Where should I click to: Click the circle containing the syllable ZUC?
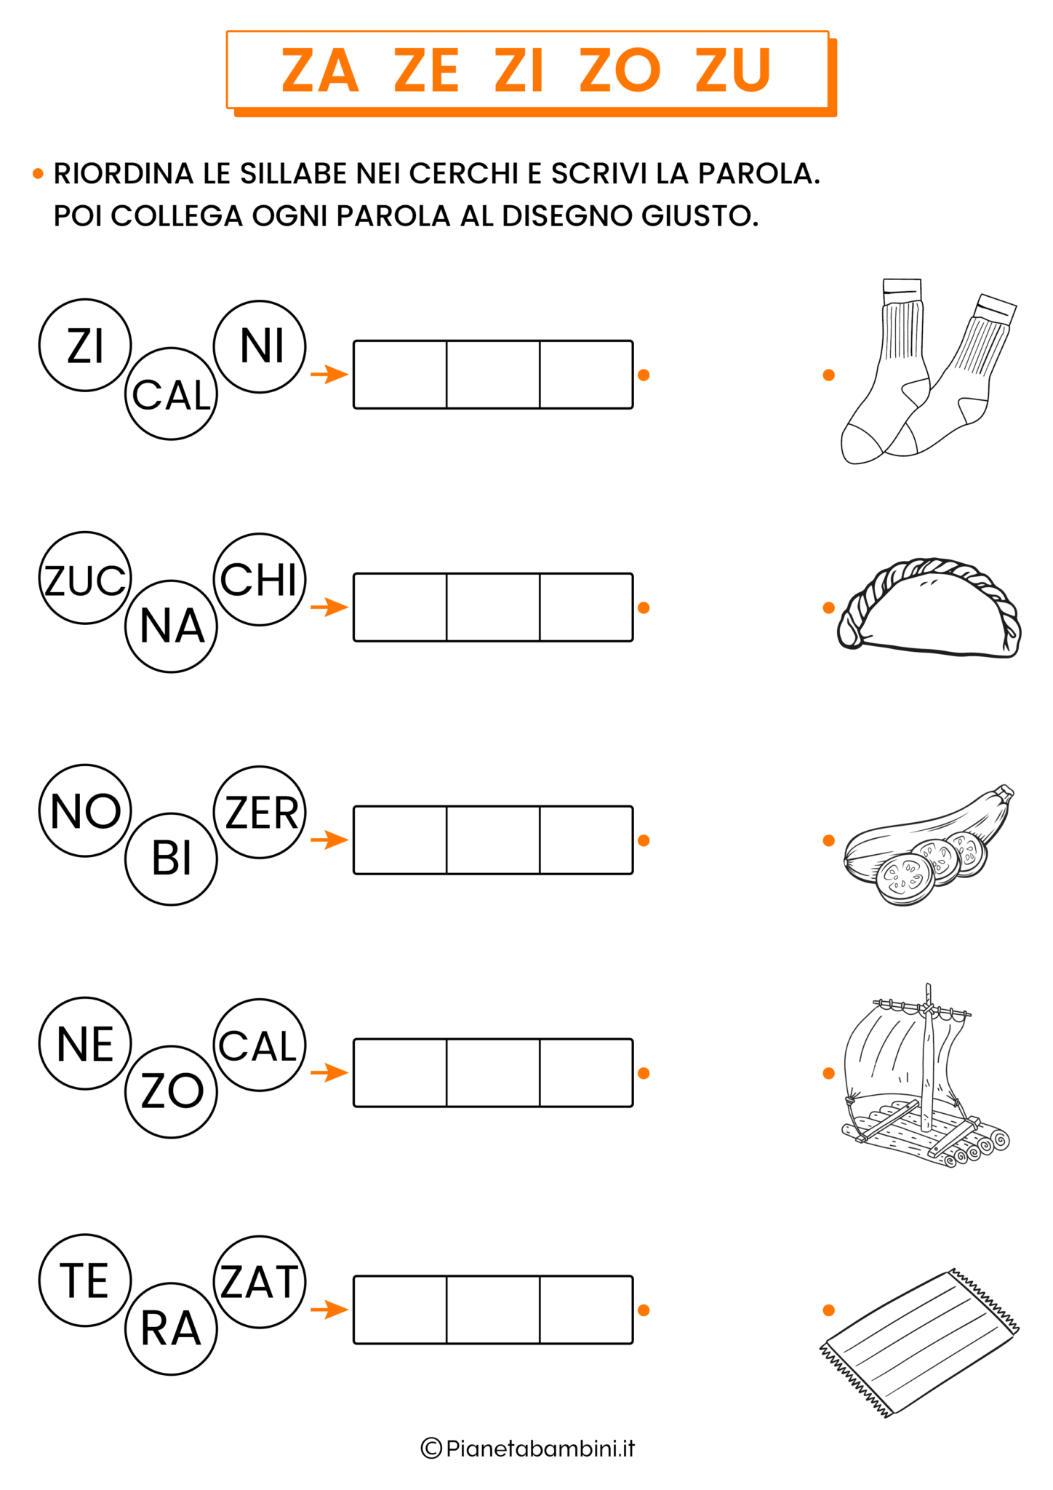coord(85,578)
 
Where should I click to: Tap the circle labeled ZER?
coord(260,812)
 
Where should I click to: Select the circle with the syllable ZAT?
coord(260,1281)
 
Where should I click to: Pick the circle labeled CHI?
coord(260,579)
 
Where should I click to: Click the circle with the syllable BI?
coord(171,858)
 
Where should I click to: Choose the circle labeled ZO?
coord(171,1091)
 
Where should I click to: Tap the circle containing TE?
coord(85,1280)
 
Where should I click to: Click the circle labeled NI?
coord(260,346)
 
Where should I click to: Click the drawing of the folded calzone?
coord(929,608)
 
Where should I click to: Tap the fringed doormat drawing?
coord(919,1343)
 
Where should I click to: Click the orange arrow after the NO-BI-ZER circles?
coord(329,840)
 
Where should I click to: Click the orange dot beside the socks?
coord(828,375)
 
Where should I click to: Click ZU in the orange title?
coord(732,71)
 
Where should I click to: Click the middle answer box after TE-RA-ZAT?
coord(493,1310)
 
